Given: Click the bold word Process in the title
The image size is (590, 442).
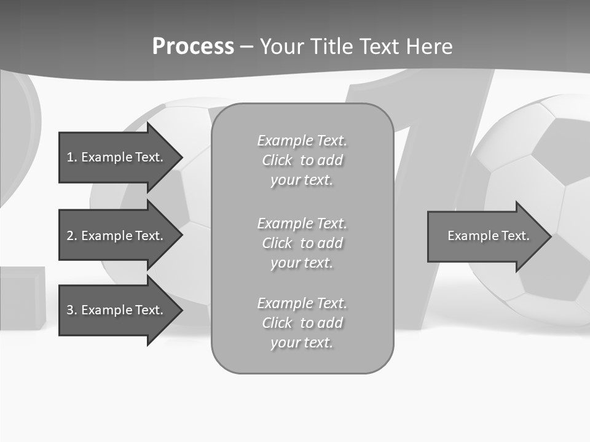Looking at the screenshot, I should click(193, 46).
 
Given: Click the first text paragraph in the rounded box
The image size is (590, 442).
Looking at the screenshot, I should click(302, 160).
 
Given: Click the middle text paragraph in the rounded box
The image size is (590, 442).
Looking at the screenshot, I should click(302, 243).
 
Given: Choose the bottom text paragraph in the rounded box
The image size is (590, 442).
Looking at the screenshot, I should click(302, 323).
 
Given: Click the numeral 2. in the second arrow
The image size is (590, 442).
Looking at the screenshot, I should click(71, 236).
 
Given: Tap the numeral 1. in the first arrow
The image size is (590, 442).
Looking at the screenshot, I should click(71, 157).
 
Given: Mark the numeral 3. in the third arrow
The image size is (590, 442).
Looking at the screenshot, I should click(71, 310).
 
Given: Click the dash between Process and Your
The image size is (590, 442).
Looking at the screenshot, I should click(246, 47).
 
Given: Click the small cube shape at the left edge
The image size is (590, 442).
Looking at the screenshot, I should click(22, 298).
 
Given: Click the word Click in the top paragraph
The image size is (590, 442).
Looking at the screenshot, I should click(277, 160).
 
